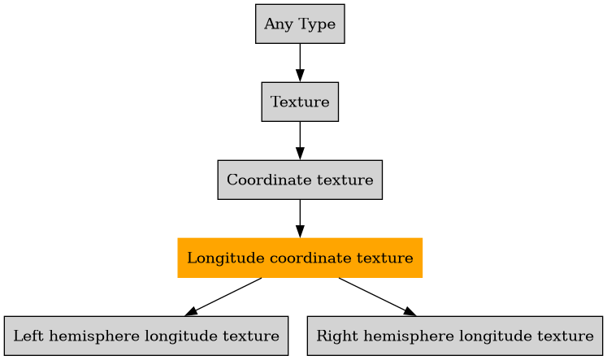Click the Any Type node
point(300,24)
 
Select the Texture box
point(300,102)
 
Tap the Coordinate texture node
point(300,180)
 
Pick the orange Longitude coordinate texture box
point(300,258)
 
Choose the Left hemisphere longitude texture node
point(146,336)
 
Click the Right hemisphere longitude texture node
point(455,336)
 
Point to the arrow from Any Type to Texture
point(300,63)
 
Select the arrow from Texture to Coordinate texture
point(300,141)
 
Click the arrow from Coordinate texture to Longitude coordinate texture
point(300,219)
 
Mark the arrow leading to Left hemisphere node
point(224,297)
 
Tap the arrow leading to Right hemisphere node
point(376,297)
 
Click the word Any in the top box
point(275,24)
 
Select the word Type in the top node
point(317,24)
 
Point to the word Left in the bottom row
point(27,336)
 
